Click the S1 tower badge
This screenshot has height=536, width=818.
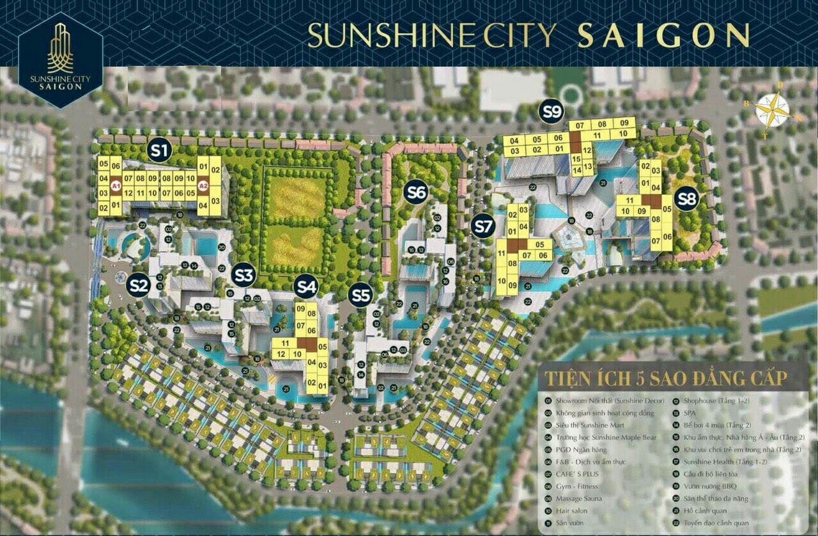(160, 150)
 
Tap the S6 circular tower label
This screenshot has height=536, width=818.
(416, 191)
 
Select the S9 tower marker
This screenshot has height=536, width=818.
(551, 111)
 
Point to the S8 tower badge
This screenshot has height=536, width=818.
(686, 199)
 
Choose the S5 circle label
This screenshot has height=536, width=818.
(361, 295)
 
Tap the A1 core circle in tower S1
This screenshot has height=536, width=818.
(116, 187)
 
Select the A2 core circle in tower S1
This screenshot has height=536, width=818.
(203, 187)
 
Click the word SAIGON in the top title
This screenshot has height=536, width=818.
(663, 36)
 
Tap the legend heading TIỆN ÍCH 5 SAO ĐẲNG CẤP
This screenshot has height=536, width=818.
(665, 378)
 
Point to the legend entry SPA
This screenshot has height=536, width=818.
(691, 413)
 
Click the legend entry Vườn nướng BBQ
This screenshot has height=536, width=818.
(709, 486)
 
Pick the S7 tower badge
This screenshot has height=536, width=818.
(484, 226)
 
